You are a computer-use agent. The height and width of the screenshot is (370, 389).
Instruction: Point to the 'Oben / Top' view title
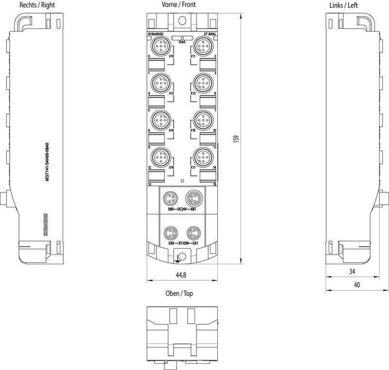click(x=179, y=294)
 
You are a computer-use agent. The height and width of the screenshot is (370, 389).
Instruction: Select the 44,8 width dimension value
click(x=180, y=275)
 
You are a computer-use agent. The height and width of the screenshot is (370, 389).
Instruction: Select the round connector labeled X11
click(x=202, y=47)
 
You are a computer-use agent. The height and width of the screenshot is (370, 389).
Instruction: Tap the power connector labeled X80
click(x=170, y=199)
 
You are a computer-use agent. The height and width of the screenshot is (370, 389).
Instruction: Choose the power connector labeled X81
click(x=194, y=199)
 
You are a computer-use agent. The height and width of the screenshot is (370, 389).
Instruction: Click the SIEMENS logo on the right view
click(x=47, y=225)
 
